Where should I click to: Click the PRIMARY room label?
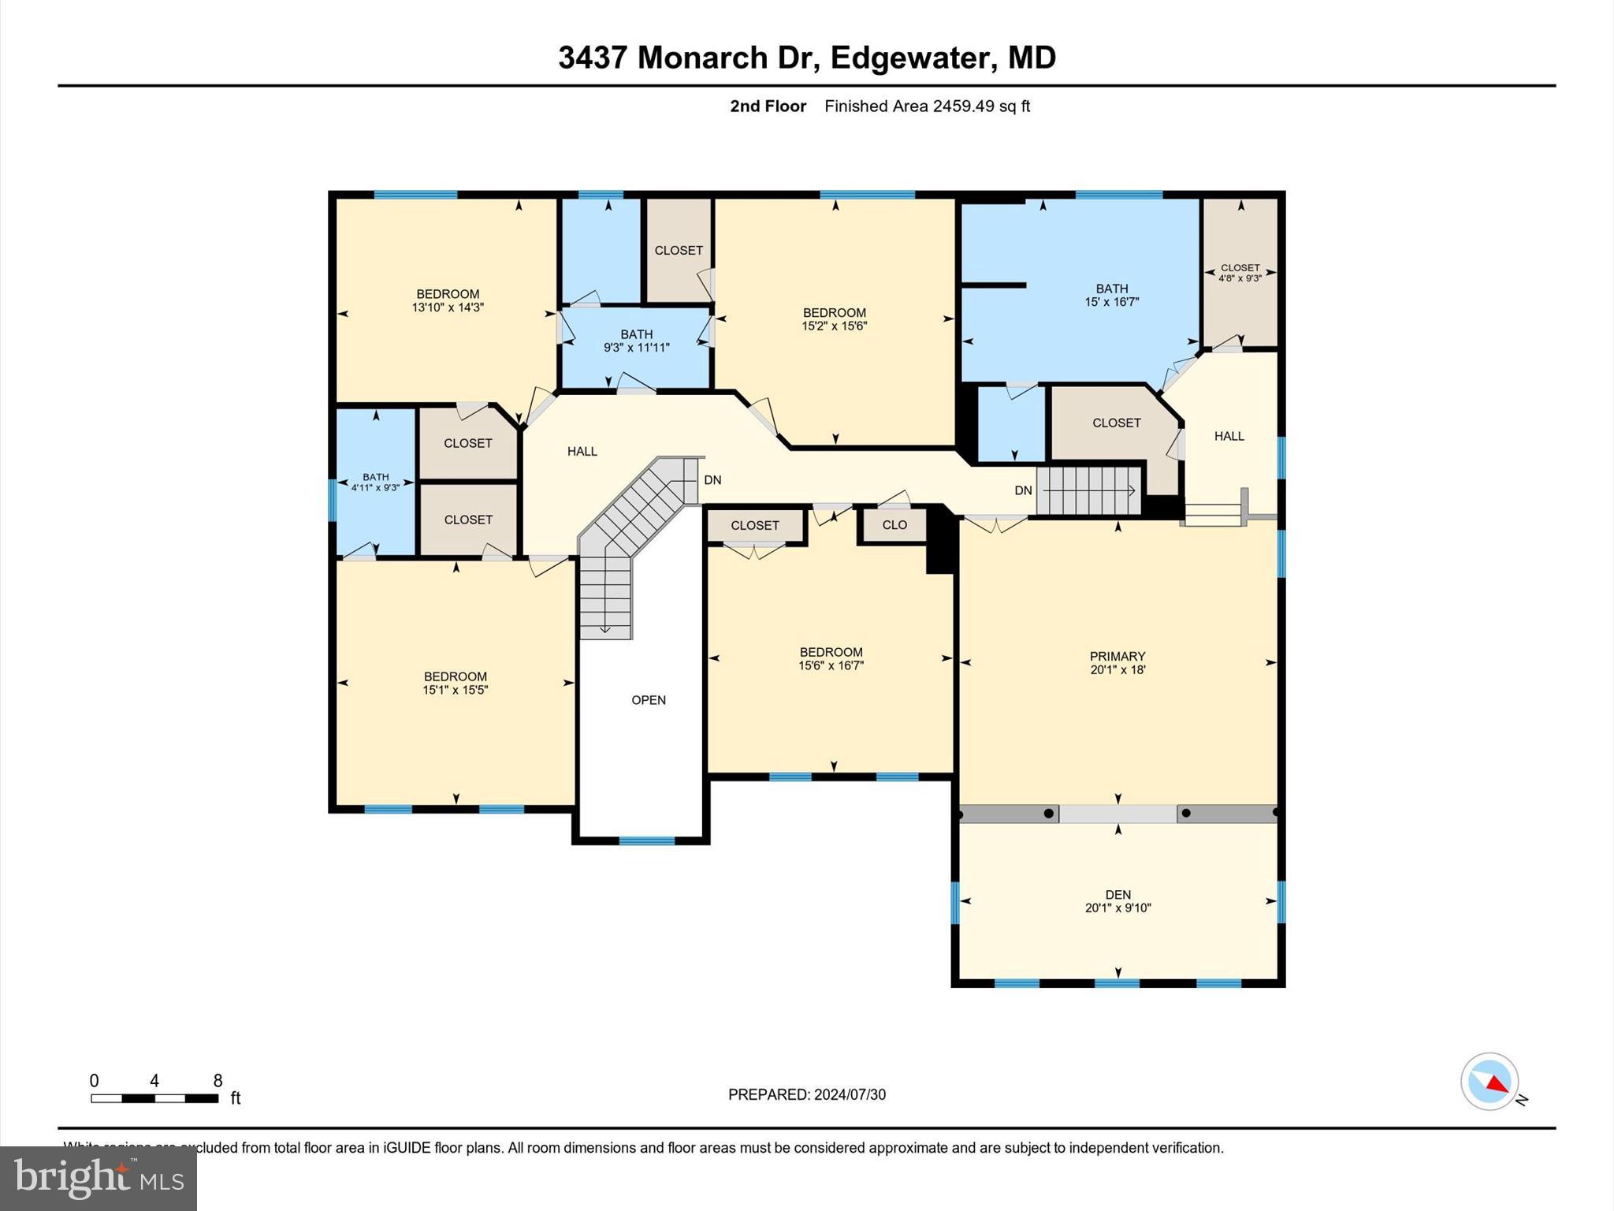(1117, 656)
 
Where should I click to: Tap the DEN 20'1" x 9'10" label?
(1118, 900)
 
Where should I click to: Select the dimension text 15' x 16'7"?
(1111, 302)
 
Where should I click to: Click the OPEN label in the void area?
(649, 700)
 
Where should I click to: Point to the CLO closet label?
(894, 525)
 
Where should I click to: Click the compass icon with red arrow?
(1489, 1082)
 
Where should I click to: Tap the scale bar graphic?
(154, 1098)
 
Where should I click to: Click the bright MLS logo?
(99, 1178)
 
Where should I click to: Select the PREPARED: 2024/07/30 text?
(806, 1094)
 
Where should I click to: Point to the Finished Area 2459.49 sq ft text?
(927, 106)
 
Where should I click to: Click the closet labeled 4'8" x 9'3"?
(1240, 273)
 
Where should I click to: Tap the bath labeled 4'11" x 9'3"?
(375, 482)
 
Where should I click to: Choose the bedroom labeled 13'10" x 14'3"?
(448, 300)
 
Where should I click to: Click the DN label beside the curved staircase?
(712, 480)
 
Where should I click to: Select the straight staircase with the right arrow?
(1088, 490)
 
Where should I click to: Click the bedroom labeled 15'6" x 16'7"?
(831, 658)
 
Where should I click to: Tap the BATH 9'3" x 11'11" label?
(636, 341)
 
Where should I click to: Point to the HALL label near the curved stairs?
(582, 452)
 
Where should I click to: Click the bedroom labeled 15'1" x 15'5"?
(455, 683)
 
